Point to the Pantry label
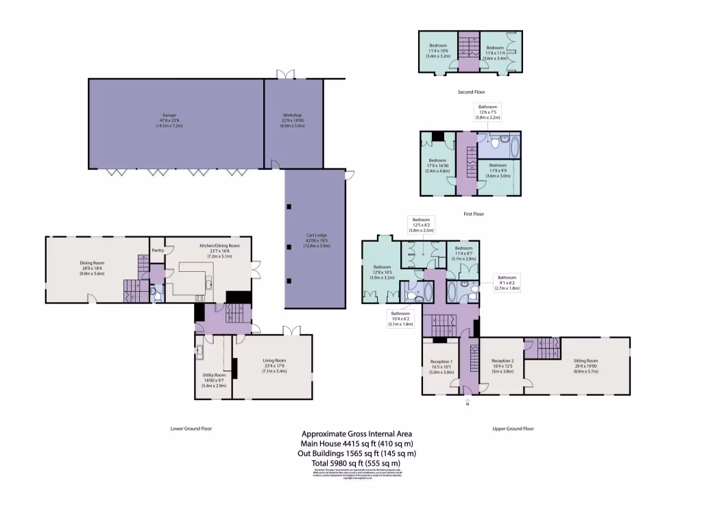point(157,250)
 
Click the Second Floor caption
point(472,92)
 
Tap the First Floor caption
point(473,214)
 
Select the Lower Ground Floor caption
point(191,429)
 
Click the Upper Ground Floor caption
point(513,429)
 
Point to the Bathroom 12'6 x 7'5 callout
point(489,112)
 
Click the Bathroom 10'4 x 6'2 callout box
point(400,318)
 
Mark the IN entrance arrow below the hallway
point(468,403)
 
